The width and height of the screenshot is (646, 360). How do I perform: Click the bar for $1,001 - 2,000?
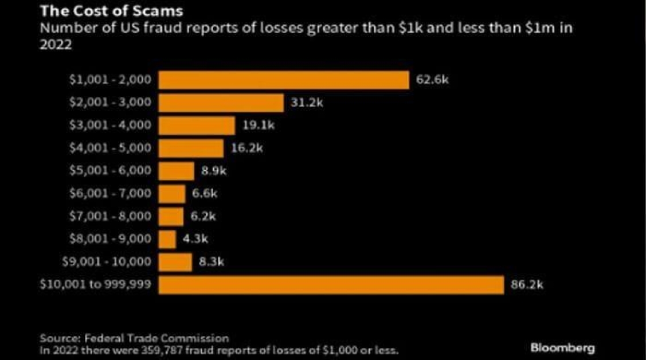click(283, 80)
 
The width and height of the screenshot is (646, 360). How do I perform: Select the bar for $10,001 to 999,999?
click(331, 285)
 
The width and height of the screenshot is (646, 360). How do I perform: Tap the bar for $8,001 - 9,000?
click(167, 240)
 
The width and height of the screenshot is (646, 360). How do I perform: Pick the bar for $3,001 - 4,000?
click(197, 126)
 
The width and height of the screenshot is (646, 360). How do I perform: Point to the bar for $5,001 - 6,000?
click(176, 171)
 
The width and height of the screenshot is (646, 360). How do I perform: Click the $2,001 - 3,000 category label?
click(109, 103)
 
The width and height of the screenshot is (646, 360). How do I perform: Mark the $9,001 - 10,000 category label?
click(107, 262)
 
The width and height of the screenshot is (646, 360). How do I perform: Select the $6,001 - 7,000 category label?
click(109, 194)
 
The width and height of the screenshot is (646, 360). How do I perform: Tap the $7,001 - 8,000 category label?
click(109, 217)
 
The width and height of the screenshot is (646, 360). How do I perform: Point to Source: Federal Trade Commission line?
click(134, 338)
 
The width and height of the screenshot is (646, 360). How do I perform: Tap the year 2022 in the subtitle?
click(56, 46)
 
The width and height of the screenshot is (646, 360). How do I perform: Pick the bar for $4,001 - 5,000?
click(191, 148)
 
